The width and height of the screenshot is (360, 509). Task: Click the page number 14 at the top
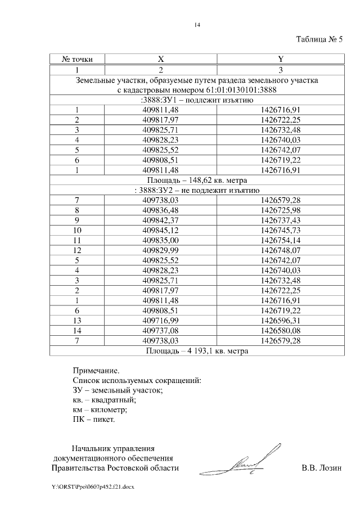(x=197, y=25)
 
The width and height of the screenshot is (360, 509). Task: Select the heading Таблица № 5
(x=318, y=39)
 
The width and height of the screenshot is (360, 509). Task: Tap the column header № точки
(x=77, y=58)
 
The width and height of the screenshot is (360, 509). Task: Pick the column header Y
(x=280, y=58)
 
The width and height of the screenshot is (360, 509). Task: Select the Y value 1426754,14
(x=280, y=240)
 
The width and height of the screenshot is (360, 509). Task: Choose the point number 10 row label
(x=77, y=230)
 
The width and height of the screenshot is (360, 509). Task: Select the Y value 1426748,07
(x=280, y=250)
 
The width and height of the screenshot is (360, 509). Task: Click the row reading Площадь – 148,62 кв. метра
(x=197, y=180)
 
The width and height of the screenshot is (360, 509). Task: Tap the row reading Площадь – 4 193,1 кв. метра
(x=197, y=351)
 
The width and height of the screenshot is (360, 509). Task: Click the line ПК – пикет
(x=94, y=420)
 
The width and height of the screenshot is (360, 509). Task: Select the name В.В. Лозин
(x=321, y=468)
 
